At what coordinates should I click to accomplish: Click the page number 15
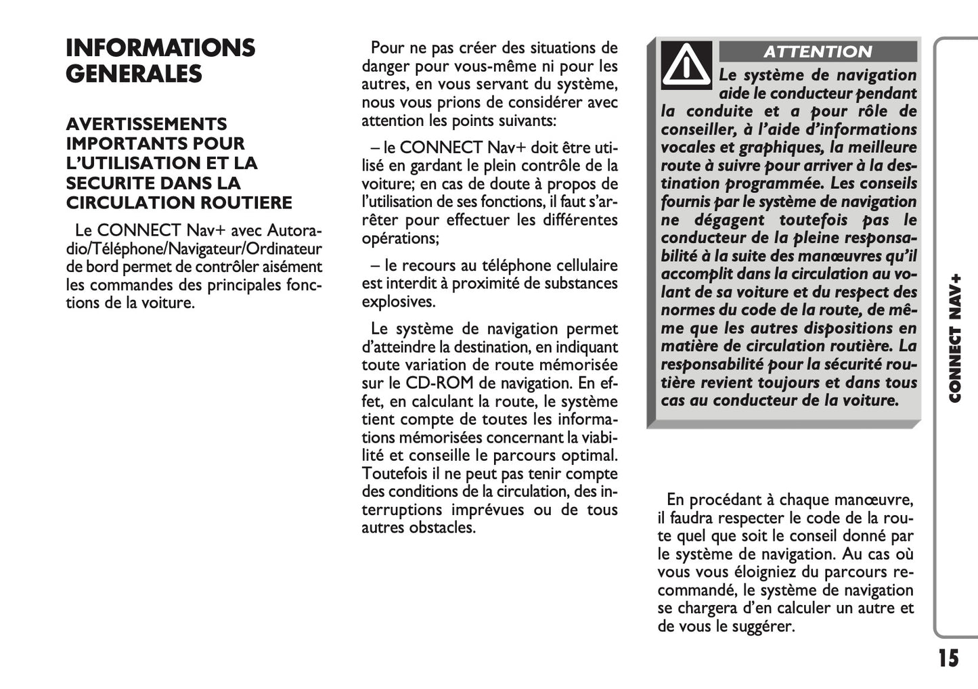tap(948, 659)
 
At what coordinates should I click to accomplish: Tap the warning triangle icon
tap(686, 65)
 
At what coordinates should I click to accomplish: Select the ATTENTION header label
tap(818, 52)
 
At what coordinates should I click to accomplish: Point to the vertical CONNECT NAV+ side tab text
tap(955, 338)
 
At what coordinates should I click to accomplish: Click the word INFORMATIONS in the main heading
tap(160, 48)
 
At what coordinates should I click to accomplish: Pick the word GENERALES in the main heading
tap(134, 74)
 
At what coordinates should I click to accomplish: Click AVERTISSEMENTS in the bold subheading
tap(146, 125)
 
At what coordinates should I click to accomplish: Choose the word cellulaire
tap(581, 265)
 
